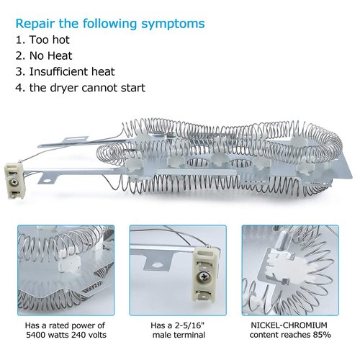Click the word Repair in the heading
(x=35, y=24)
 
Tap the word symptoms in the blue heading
(x=173, y=24)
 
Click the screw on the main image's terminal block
(x=12, y=183)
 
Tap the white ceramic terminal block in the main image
(x=14, y=181)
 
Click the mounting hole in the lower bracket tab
(x=48, y=179)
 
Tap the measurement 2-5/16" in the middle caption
(x=190, y=325)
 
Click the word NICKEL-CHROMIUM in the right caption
(x=289, y=325)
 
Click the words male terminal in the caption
(x=179, y=335)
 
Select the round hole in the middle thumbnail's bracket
(x=157, y=265)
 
